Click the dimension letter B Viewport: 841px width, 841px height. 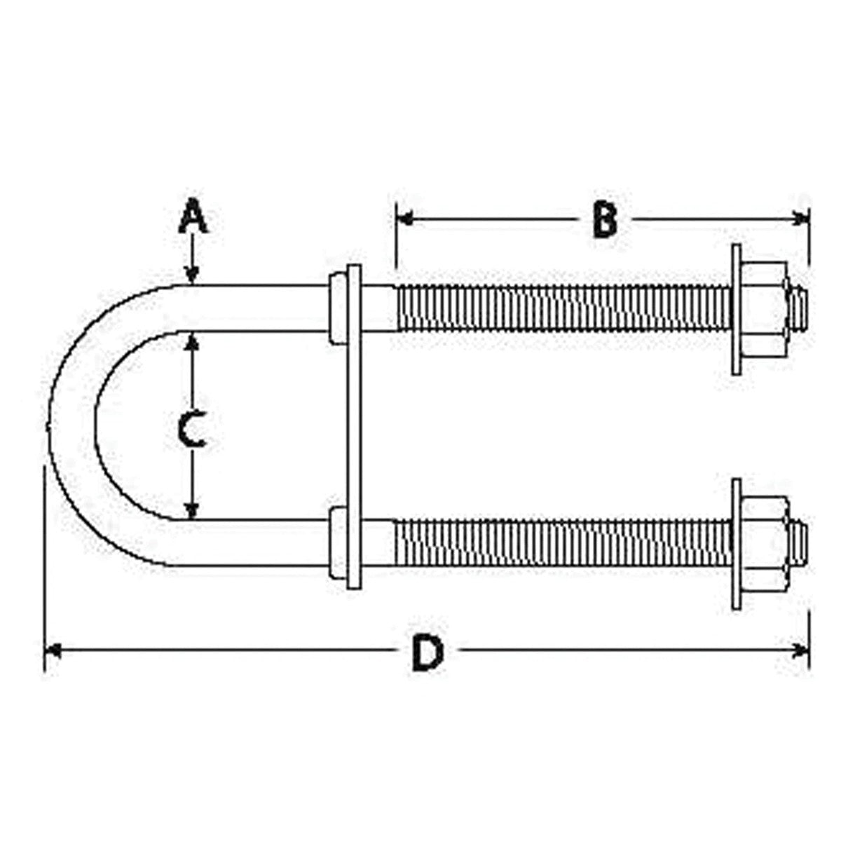point(603,219)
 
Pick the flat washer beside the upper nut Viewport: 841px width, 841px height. point(736,308)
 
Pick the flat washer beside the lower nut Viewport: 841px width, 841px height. point(736,543)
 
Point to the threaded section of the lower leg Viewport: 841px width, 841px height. point(561,543)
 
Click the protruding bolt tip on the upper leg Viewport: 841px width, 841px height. point(799,308)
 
